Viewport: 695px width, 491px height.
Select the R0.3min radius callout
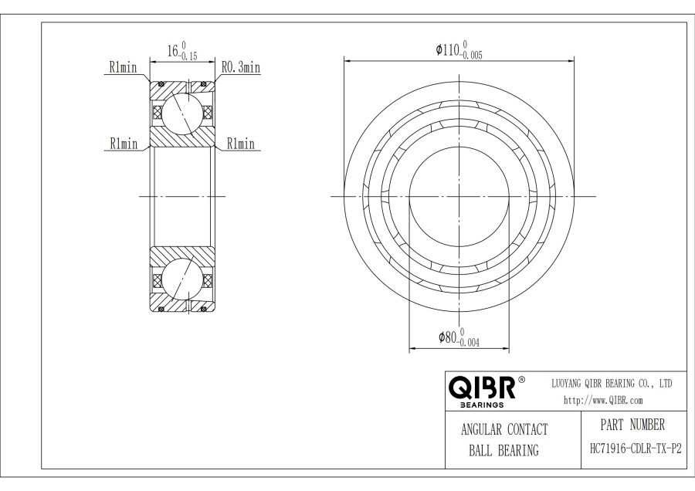[240, 68]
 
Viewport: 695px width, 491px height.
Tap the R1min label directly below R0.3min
[241, 144]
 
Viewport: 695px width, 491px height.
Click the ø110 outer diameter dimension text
[449, 50]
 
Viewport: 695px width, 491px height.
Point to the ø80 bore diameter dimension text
[448, 337]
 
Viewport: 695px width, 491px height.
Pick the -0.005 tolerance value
[473, 56]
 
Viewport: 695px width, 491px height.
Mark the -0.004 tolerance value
[469, 344]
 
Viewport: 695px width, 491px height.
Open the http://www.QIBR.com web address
[603, 400]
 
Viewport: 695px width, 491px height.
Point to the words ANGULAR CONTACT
[503, 430]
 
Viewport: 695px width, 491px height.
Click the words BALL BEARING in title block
[503, 451]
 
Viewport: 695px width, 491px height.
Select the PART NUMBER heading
[632, 425]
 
